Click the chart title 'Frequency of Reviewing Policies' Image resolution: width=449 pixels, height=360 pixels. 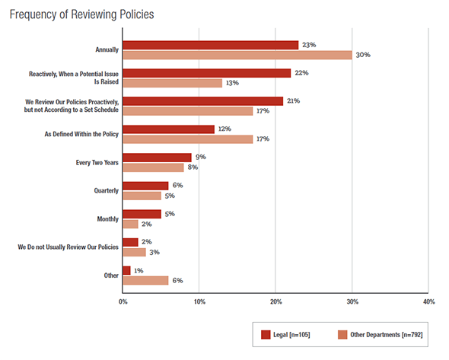pyautogui.click(x=81, y=14)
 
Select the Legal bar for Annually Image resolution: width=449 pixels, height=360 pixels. pyautogui.click(x=211, y=45)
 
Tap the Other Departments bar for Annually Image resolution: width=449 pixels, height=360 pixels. pyautogui.click(x=237, y=55)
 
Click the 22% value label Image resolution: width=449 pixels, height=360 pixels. pyautogui.click(x=301, y=73)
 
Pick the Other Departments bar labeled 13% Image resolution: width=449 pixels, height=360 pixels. pyautogui.click(x=173, y=83)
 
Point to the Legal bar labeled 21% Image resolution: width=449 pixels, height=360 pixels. pyautogui.click(x=202, y=101)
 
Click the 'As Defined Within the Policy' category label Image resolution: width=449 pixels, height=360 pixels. pyautogui.click(x=81, y=134)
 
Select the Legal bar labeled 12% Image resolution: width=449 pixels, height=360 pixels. pyautogui.click(x=168, y=129)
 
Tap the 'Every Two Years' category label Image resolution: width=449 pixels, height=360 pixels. pyautogui.click(x=97, y=163)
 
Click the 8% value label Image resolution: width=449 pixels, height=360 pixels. pyautogui.click(x=193, y=167)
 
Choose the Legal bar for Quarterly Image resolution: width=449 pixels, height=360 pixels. pyautogui.click(x=145, y=186)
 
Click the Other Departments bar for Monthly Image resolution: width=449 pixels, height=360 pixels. pyautogui.click(x=130, y=224)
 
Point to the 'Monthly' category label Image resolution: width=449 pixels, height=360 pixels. pyautogui.click(x=107, y=219)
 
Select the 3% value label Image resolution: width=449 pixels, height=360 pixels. pyautogui.click(x=154, y=253)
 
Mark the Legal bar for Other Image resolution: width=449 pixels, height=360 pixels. pyautogui.click(x=126, y=270)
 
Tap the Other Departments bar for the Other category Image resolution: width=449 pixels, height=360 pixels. pyautogui.click(x=145, y=280)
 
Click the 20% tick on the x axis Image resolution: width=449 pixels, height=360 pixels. pyautogui.click(x=275, y=301)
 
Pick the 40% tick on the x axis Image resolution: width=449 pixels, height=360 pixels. pyautogui.click(x=428, y=301)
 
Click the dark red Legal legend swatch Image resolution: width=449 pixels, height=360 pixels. pyautogui.click(x=266, y=335)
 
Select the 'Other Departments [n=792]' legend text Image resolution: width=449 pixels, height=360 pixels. pyautogui.click(x=387, y=335)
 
